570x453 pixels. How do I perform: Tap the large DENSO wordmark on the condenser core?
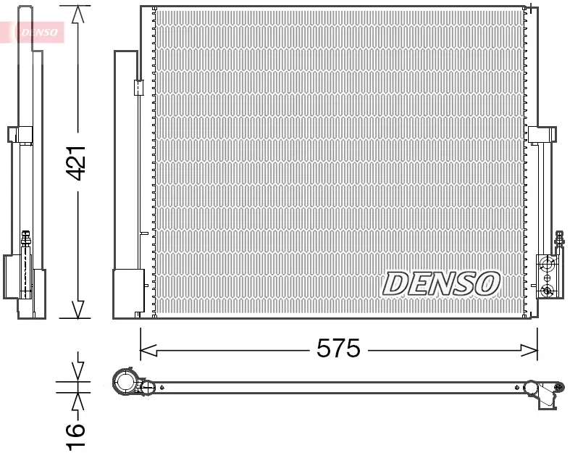[440, 283]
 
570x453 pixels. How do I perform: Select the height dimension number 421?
[77, 163]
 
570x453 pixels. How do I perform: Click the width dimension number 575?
[338, 349]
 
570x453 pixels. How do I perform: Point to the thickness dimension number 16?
[76, 434]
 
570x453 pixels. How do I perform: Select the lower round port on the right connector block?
[548, 291]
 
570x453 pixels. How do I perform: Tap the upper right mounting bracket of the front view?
[542, 135]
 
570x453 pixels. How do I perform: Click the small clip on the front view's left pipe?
[138, 88]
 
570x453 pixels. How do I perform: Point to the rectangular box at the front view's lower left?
[129, 293]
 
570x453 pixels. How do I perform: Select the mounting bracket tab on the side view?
[20, 135]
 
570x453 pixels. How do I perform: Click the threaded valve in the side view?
[26, 241]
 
